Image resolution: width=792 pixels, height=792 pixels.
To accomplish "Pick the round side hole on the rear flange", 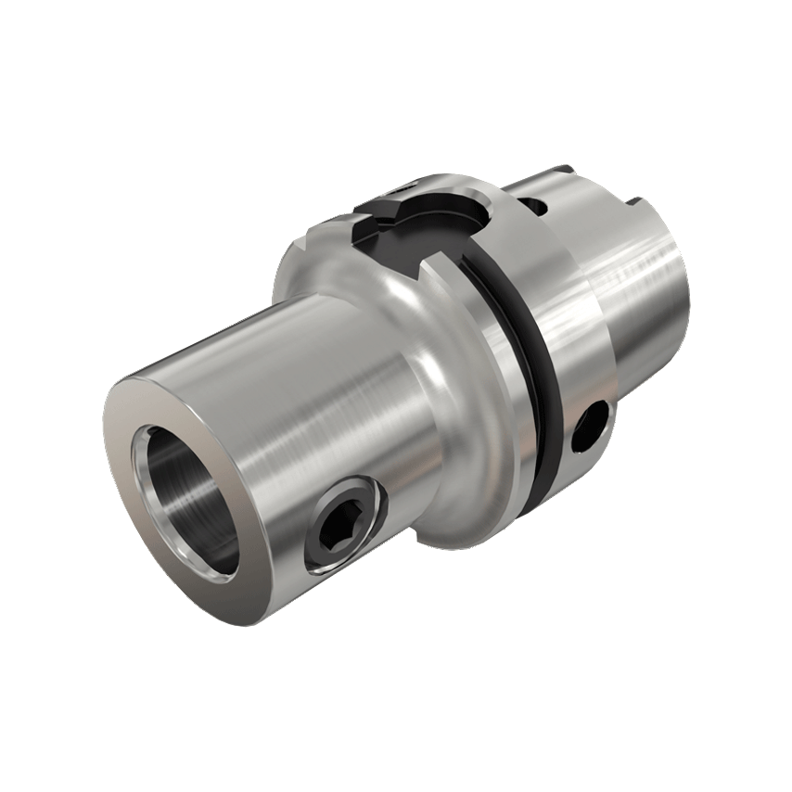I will click(x=591, y=428).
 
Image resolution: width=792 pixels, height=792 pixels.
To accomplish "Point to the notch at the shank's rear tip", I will click(x=636, y=198).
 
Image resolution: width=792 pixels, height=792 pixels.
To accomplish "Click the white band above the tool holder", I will click(x=396, y=74).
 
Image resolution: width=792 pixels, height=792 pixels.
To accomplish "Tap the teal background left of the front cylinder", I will click(x=56, y=371).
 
